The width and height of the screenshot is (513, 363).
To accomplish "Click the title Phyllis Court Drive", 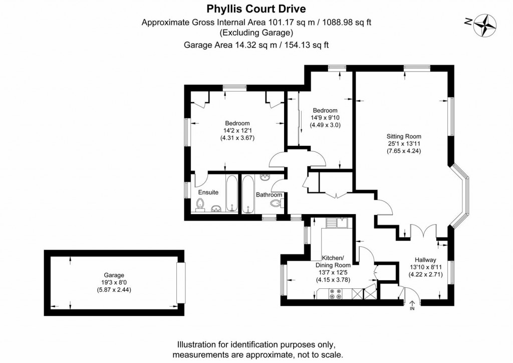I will pos(256,9).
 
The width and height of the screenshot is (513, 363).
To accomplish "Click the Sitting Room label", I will pos(403,136).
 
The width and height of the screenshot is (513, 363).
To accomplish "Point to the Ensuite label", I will pos(208,192).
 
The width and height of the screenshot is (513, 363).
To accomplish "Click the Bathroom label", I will pos(269,195).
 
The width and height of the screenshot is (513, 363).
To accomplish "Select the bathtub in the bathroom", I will pos(249,195).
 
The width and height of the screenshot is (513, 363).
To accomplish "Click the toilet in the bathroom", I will pos(276,204).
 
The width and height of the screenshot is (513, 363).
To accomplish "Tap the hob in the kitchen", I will pos(335,295).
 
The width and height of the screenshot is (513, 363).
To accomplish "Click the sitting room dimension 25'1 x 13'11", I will pos(403,143).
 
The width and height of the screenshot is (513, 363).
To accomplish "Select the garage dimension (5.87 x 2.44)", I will pos(114,290).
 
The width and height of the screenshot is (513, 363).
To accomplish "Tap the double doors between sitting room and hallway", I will pos(420,232).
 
